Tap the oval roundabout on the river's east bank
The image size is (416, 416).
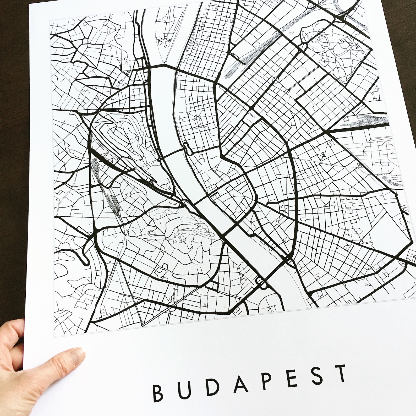[x=188, y=149]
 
